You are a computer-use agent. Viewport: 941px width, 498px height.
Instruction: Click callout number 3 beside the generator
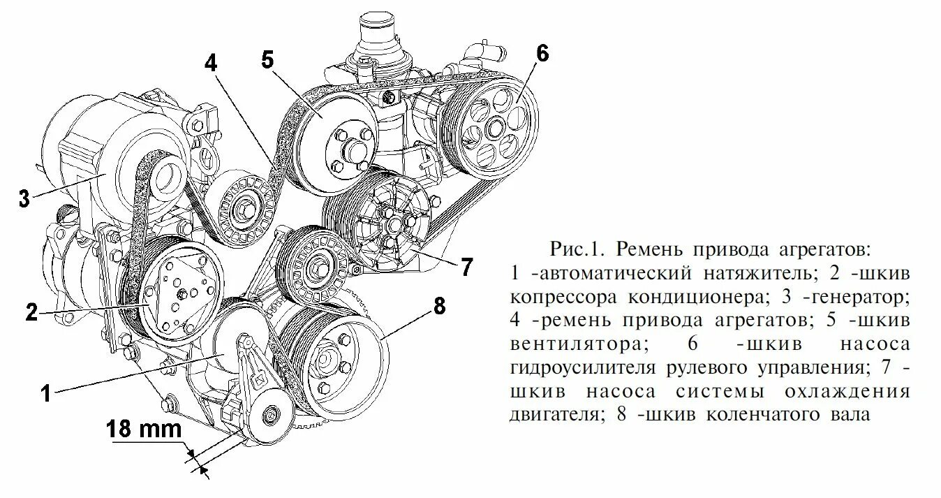23,198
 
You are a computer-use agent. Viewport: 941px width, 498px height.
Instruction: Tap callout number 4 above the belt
212,62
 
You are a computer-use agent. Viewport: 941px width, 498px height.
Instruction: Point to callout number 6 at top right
542,52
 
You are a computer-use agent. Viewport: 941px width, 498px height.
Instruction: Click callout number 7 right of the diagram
466,267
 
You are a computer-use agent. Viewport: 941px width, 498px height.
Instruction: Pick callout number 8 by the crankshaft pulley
439,306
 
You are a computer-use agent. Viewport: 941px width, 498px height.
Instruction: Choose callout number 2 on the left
31,312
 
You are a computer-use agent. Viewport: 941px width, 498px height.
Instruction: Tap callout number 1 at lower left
45,393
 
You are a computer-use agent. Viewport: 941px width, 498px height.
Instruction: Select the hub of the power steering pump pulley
495,128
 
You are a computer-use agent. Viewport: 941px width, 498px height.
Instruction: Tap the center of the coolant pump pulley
392,224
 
